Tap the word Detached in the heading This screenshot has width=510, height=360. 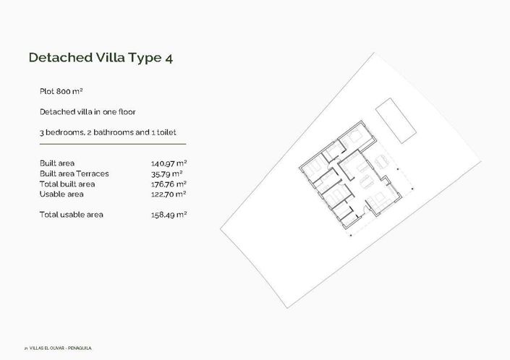(x=56, y=58)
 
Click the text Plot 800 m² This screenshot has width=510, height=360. (x=61, y=92)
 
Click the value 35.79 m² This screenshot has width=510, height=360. (x=166, y=173)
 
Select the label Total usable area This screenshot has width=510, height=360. (x=72, y=214)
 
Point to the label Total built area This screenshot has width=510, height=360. (x=67, y=184)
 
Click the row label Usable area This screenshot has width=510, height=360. (x=61, y=194)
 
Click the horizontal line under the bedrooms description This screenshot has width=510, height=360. (x=113, y=145)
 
